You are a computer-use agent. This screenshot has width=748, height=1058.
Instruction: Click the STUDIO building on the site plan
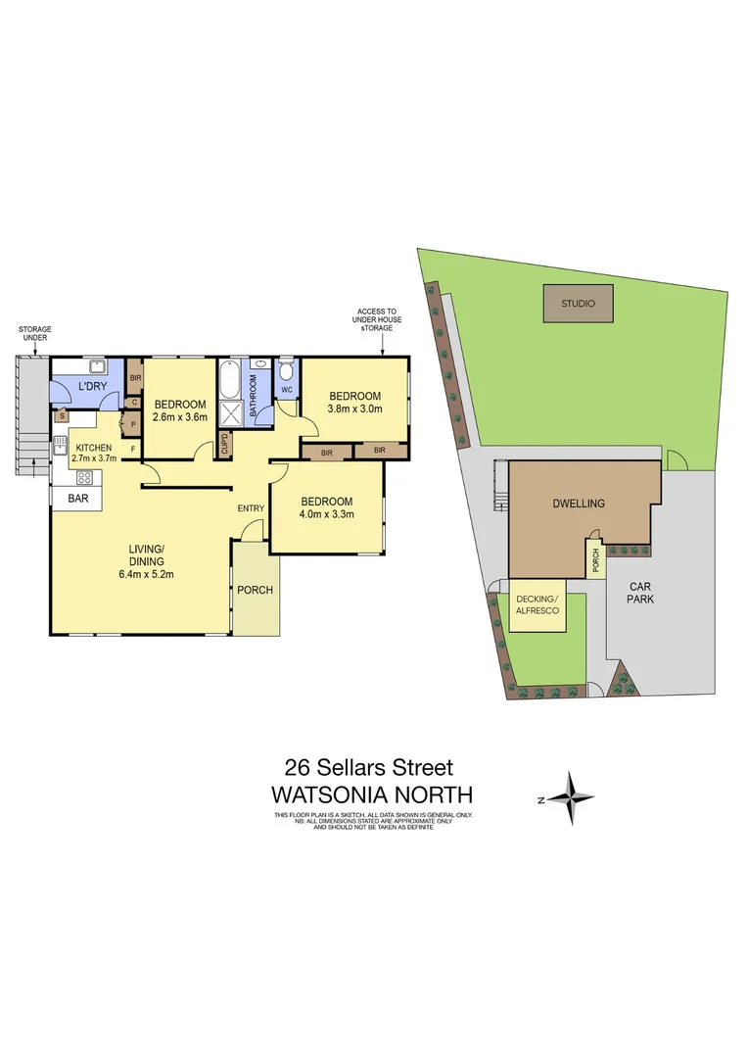click(x=578, y=303)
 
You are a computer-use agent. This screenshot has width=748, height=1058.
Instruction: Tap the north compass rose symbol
click(x=570, y=798)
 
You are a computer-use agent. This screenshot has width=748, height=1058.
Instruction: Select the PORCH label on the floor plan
click(x=256, y=590)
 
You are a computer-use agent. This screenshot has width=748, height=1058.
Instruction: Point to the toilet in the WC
click(x=286, y=371)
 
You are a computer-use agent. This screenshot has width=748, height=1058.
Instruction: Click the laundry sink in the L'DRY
click(x=96, y=368)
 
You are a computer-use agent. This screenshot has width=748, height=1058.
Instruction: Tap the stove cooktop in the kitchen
click(x=84, y=478)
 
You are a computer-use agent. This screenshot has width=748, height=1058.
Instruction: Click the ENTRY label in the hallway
click(x=251, y=507)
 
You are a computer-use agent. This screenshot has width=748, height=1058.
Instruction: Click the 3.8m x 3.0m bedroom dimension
click(x=354, y=409)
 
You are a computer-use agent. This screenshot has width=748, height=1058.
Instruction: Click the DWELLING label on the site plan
click(x=578, y=504)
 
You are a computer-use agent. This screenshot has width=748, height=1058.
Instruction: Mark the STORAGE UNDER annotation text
click(x=34, y=333)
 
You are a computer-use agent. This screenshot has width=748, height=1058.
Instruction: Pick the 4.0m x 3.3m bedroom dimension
click(x=327, y=512)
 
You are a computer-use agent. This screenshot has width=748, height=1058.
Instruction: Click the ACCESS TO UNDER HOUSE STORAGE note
click(x=379, y=319)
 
